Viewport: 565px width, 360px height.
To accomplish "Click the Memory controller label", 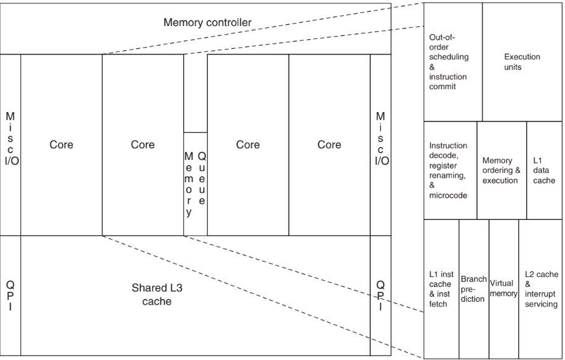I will click(x=207, y=23).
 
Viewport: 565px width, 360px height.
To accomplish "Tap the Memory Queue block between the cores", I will click(x=195, y=183).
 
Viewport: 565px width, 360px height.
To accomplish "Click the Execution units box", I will click(x=522, y=62).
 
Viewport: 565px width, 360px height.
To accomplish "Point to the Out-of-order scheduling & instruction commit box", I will click(x=452, y=62).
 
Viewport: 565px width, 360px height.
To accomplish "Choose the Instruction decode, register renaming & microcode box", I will click(x=449, y=170).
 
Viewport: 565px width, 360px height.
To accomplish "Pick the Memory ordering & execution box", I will click(x=501, y=170).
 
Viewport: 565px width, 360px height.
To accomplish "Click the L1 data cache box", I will click(x=545, y=170).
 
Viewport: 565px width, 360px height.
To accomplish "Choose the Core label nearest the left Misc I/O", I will click(x=61, y=145).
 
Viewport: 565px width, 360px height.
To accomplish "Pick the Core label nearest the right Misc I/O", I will click(x=329, y=145).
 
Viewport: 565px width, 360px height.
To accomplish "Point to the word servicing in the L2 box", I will click(x=541, y=305).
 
